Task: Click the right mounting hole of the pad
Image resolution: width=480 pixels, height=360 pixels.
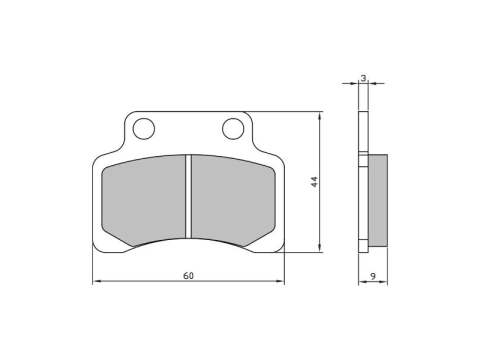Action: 232,128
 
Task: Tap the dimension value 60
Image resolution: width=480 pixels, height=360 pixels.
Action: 188,275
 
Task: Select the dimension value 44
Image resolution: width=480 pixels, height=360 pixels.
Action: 314,181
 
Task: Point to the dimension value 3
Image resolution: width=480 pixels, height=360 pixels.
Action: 363,77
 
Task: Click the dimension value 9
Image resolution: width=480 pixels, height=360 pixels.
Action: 373,275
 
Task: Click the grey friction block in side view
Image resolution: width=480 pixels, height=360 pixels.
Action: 377,200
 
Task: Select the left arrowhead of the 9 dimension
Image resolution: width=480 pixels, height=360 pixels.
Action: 361,282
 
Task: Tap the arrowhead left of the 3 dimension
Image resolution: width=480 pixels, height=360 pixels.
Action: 355,83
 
